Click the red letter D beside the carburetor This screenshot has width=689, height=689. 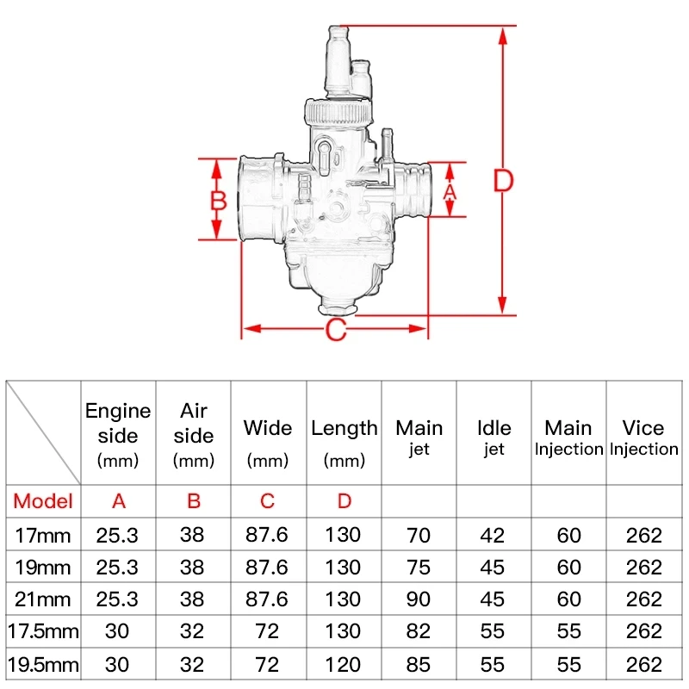click(x=504, y=180)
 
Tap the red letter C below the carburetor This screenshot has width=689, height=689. click(x=336, y=330)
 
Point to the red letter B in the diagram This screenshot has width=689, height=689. click(x=219, y=201)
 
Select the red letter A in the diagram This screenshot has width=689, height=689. click(x=450, y=192)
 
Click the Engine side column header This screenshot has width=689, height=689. click(x=118, y=435)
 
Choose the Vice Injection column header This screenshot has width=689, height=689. click(x=643, y=438)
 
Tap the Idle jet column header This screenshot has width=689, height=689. click(x=493, y=438)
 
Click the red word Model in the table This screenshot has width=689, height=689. click(x=43, y=501)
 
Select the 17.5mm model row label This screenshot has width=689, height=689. click(x=43, y=631)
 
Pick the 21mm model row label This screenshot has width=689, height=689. click(x=42, y=599)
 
